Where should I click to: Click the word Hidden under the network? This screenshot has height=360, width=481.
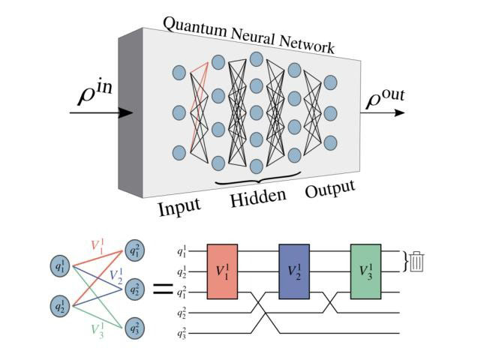pyautogui.click(x=257, y=197)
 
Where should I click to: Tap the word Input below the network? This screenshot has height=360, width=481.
pyautogui.click(x=179, y=205)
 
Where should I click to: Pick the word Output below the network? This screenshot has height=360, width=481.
pyautogui.click(x=329, y=190)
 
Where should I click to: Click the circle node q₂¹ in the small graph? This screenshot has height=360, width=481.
pyautogui.click(x=59, y=306)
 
